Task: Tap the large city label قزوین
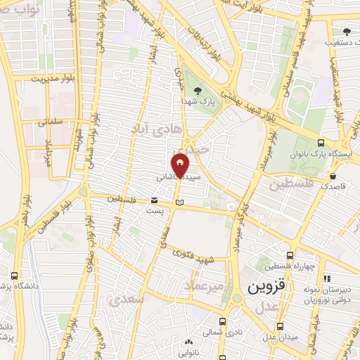click(264, 288)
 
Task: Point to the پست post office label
click(155, 210)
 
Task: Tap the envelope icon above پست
click(154, 200)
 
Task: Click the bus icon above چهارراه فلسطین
click(288, 256)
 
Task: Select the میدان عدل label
click(282, 337)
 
